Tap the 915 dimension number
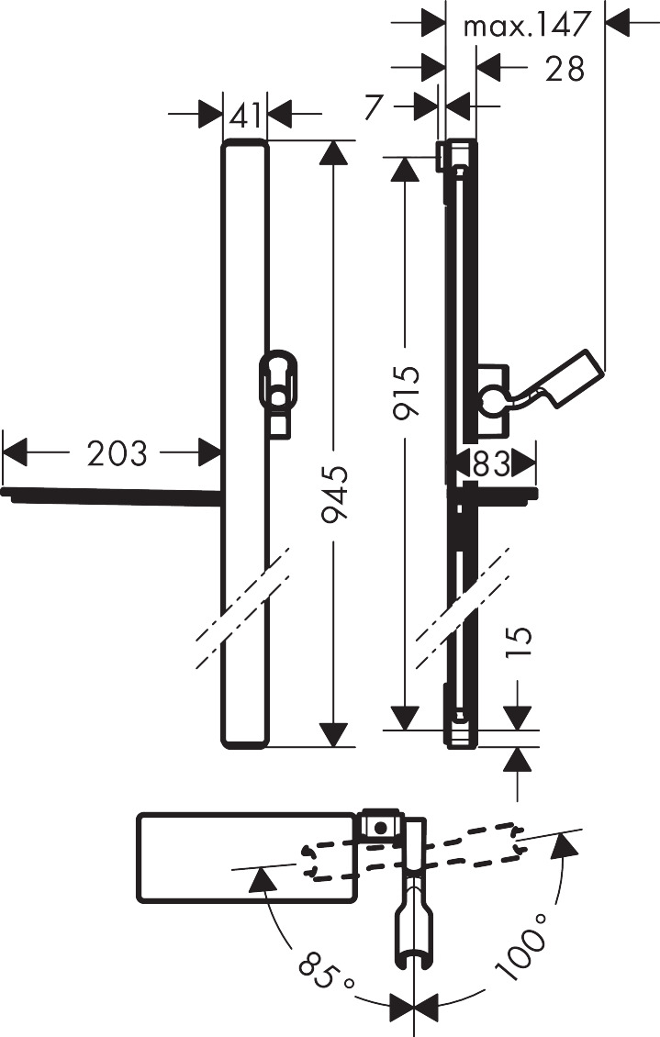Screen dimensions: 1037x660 (x=407, y=393)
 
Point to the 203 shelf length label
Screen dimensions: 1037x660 (x=117, y=452)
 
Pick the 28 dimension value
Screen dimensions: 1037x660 (x=564, y=68)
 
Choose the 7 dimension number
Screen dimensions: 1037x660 (x=372, y=106)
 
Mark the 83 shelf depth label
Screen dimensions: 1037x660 (x=491, y=464)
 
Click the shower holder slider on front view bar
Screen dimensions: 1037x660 (x=278, y=381)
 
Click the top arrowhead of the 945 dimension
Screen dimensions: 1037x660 (x=333, y=151)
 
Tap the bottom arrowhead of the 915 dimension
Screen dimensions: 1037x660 (x=405, y=719)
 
